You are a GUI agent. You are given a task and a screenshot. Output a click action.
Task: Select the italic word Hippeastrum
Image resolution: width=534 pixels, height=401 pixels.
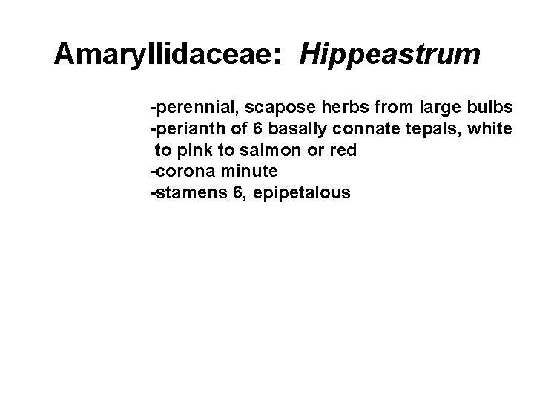(x=390, y=55)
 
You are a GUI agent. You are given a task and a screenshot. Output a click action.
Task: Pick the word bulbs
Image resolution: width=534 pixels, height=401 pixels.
(x=487, y=108)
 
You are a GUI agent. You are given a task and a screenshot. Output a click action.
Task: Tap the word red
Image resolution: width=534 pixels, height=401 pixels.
(x=343, y=151)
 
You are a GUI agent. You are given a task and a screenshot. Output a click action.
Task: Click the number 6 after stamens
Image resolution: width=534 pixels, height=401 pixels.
(x=237, y=193)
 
